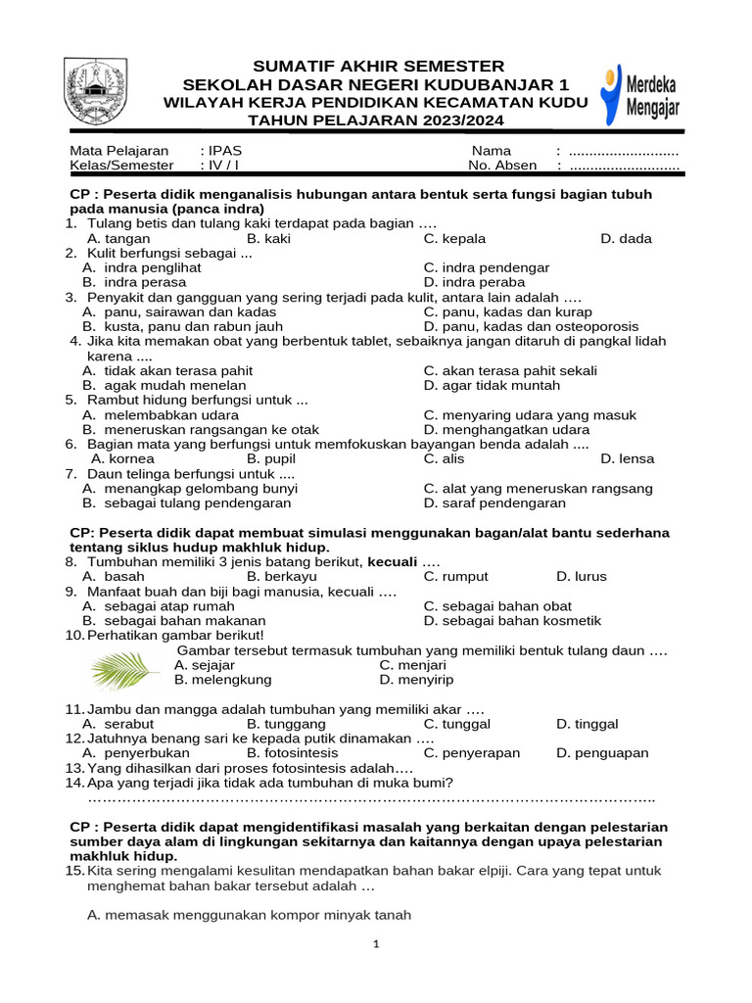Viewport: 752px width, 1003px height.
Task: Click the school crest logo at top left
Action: pyautogui.click(x=95, y=91)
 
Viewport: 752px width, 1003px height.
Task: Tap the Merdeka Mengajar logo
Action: pyautogui.click(x=639, y=93)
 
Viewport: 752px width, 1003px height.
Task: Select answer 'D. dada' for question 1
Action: pyautogui.click(x=626, y=238)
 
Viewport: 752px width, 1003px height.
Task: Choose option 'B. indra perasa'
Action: pyautogui.click(x=124, y=282)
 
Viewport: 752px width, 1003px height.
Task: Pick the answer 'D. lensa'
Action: pyautogui.click(x=627, y=458)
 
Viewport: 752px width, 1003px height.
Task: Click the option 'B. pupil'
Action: pyautogui.click(x=270, y=458)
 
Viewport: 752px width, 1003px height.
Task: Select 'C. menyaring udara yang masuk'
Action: pyautogui.click(x=530, y=414)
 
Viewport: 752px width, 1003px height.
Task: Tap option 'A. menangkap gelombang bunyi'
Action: pyautogui.click(x=190, y=488)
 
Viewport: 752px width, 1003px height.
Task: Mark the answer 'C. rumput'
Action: pyautogui.click(x=455, y=577)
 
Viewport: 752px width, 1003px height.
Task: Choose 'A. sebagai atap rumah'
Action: pyautogui.click(x=159, y=606)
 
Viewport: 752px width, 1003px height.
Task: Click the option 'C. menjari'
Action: pyautogui.click(x=412, y=665)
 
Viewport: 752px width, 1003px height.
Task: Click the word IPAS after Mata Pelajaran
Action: pyautogui.click(x=224, y=151)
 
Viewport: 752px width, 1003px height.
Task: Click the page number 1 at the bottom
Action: pyautogui.click(x=376, y=945)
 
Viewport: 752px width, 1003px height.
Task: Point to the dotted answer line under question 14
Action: pyautogui.click(x=371, y=798)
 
